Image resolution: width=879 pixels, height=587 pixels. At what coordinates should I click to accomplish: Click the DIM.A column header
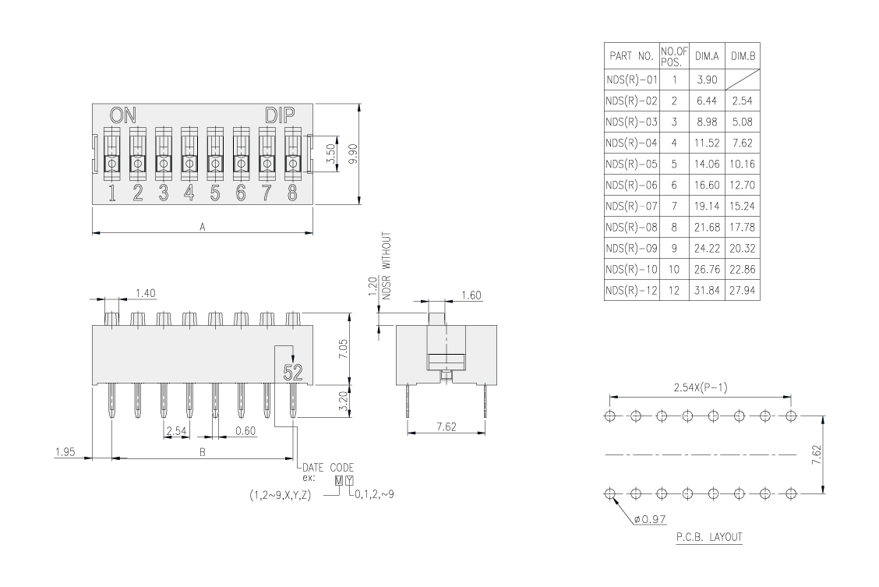706,56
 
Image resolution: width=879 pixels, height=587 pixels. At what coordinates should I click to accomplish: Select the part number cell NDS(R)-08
631,227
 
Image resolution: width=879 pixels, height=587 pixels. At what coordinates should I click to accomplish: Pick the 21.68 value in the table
706,227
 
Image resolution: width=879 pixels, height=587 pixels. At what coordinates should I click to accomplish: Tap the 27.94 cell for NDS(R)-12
742,291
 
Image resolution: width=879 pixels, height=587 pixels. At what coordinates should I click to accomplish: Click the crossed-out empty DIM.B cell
742,80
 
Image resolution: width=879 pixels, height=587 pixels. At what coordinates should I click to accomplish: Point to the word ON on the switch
123,115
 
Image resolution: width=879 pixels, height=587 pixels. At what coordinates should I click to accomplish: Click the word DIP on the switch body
280,115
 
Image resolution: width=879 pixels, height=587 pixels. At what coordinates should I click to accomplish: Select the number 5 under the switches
215,193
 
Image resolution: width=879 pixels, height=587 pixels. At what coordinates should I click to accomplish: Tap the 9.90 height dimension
352,153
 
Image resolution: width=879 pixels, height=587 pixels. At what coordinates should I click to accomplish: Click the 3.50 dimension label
330,153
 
